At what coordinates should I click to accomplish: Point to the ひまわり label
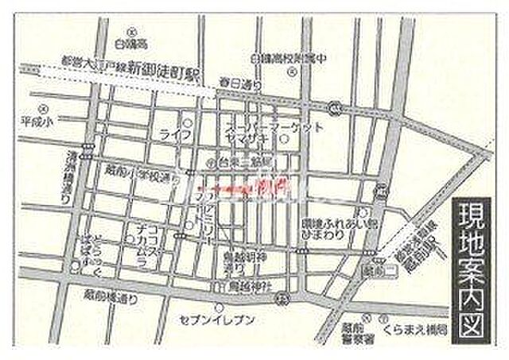pos(324,236)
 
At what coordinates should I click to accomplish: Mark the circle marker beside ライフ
pos(188,122)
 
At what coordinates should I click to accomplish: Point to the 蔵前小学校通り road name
pos(142,174)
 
